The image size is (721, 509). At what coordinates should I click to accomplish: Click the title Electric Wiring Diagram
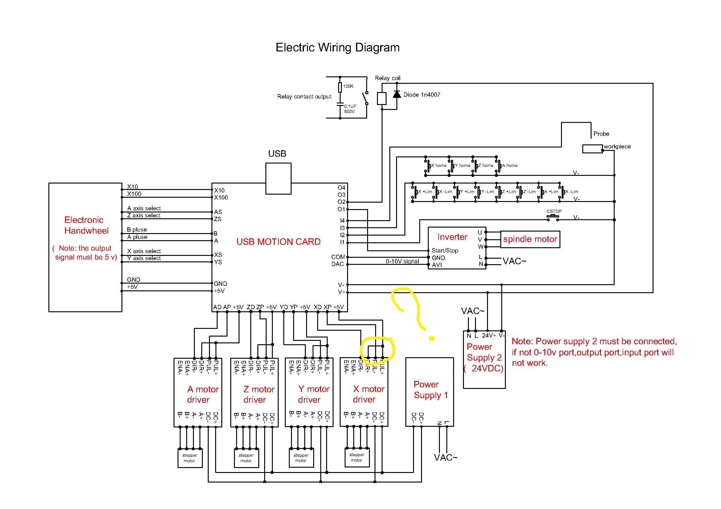tap(338, 47)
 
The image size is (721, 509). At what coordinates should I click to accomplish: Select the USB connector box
tap(278, 179)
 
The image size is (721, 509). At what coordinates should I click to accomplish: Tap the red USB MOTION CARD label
tap(278, 242)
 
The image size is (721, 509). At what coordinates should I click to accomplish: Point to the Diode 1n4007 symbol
tap(397, 94)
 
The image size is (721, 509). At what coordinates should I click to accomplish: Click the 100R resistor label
tap(348, 86)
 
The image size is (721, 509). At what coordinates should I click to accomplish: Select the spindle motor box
tap(530, 239)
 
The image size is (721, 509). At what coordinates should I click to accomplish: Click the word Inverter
tap(452, 237)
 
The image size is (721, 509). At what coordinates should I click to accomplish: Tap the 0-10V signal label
tap(402, 261)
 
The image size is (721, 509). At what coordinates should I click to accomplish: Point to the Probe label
tap(601, 134)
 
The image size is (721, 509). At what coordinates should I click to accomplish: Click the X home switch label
tap(439, 166)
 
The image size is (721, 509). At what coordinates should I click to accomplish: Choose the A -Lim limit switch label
tap(571, 192)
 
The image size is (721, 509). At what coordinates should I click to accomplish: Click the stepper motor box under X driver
tap(357, 458)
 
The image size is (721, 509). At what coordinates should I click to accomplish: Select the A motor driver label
tap(203, 394)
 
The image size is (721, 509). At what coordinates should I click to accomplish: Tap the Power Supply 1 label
tap(431, 390)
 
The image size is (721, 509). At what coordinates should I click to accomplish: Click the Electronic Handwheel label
tap(86, 225)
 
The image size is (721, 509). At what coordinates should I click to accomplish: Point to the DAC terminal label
tap(338, 264)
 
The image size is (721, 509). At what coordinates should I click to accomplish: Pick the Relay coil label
tap(387, 78)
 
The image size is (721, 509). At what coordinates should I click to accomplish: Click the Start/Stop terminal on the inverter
tap(445, 250)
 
